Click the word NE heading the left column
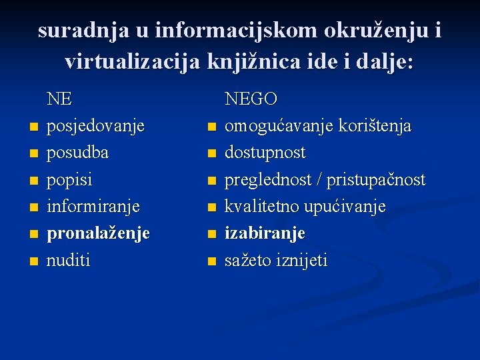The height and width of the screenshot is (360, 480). pyautogui.click(x=59, y=99)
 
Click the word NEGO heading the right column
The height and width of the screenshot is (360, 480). pyautogui.click(x=251, y=99)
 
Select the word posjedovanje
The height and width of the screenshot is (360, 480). pyautogui.click(x=95, y=126)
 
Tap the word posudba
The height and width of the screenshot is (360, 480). pyautogui.click(x=77, y=153)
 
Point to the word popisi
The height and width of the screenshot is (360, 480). pyautogui.click(x=69, y=180)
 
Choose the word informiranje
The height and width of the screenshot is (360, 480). pyautogui.click(x=93, y=207)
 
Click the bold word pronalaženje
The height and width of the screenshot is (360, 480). pyautogui.click(x=98, y=233)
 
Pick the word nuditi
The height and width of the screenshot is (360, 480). pyautogui.click(x=68, y=260)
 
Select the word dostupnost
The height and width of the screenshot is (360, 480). pyautogui.click(x=265, y=153)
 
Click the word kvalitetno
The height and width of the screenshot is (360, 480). pyautogui.click(x=262, y=207)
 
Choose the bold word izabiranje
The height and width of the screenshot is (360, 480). pyautogui.click(x=265, y=233)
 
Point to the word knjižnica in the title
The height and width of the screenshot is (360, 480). pyautogui.click(x=254, y=62)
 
